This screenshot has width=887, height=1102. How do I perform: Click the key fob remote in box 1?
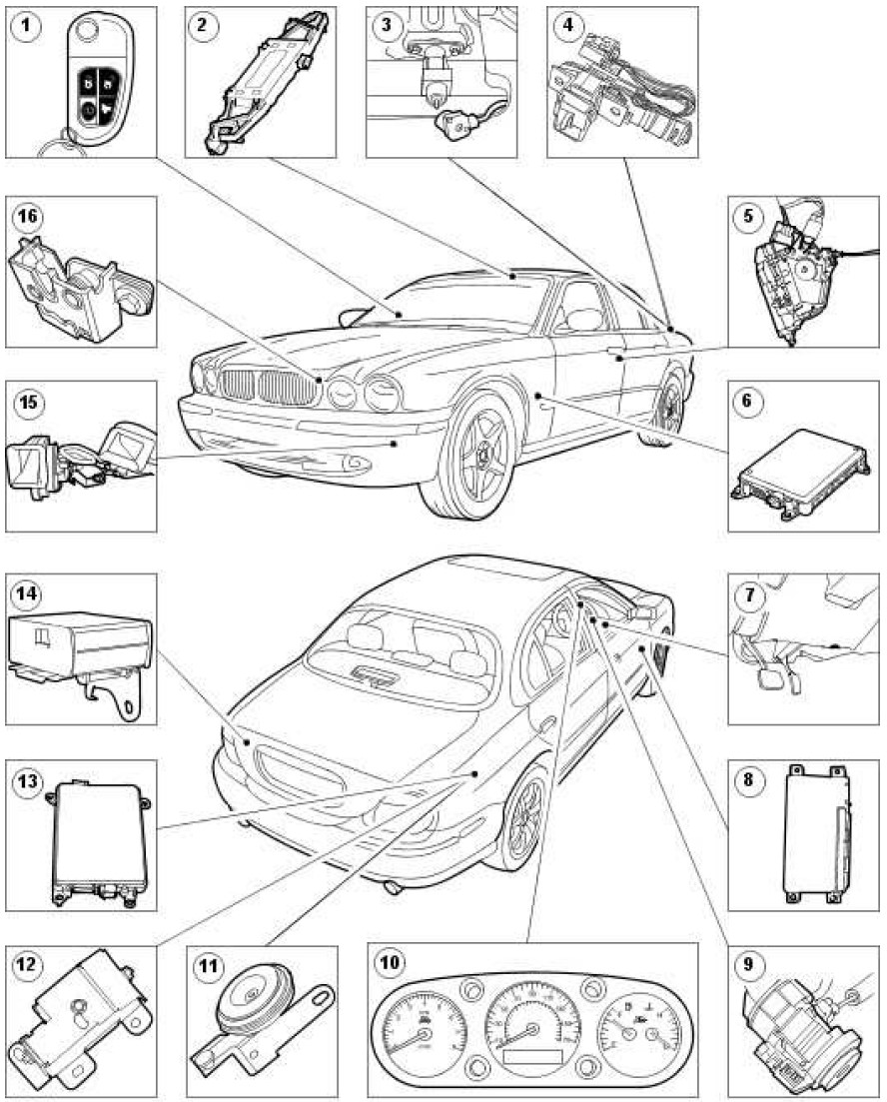[91, 80]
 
